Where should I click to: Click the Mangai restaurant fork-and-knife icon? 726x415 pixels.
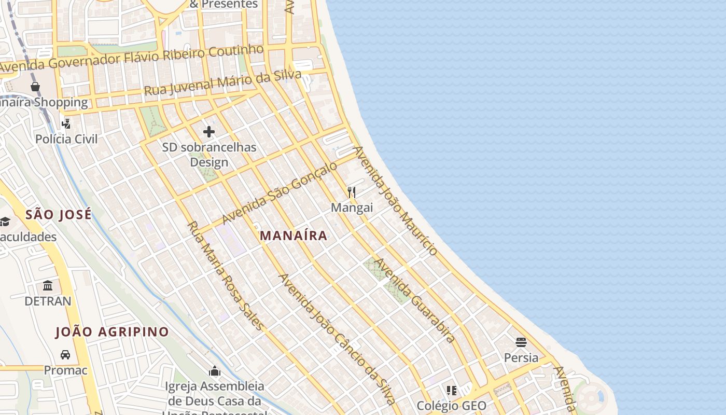pyautogui.click(x=352, y=192)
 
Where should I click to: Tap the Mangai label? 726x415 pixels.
pyautogui.click(x=352, y=208)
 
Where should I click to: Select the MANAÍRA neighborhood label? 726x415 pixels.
pyautogui.click(x=294, y=236)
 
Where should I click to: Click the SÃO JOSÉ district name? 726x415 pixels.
pyautogui.click(x=59, y=214)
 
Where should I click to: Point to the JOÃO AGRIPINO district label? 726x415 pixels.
pyautogui.click(x=112, y=332)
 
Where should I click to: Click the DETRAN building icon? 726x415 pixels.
pyautogui.click(x=48, y=285)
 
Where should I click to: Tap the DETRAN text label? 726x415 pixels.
pyautogui.click(x=48, y=301)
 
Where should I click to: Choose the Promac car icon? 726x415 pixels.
pyautogui.click(x=65, y=355)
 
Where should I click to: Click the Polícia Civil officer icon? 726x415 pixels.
pyautogui.click(x=66, y=123)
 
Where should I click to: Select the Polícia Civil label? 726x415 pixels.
pyautogui.click(x=66, y=139)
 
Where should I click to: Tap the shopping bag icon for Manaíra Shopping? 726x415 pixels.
pyautogui.click(x=35, y=86)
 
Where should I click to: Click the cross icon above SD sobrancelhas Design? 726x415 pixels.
pyautogui.click(x=209, y=132)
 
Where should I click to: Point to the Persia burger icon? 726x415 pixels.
pyautogui.click(x=521, y=342)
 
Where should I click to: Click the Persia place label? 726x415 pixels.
pyautogui.click(x=521, y=358)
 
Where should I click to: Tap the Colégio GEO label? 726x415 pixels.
pyautogui.click(x=452, y=406)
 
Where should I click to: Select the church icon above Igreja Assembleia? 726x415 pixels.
pyautogui.click(x=215, y=371)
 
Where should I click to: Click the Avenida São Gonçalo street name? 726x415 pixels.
pyautogui.click(x=279, y=193)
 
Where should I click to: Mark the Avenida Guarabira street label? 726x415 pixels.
pyautogui.click(x=415, y=300)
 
